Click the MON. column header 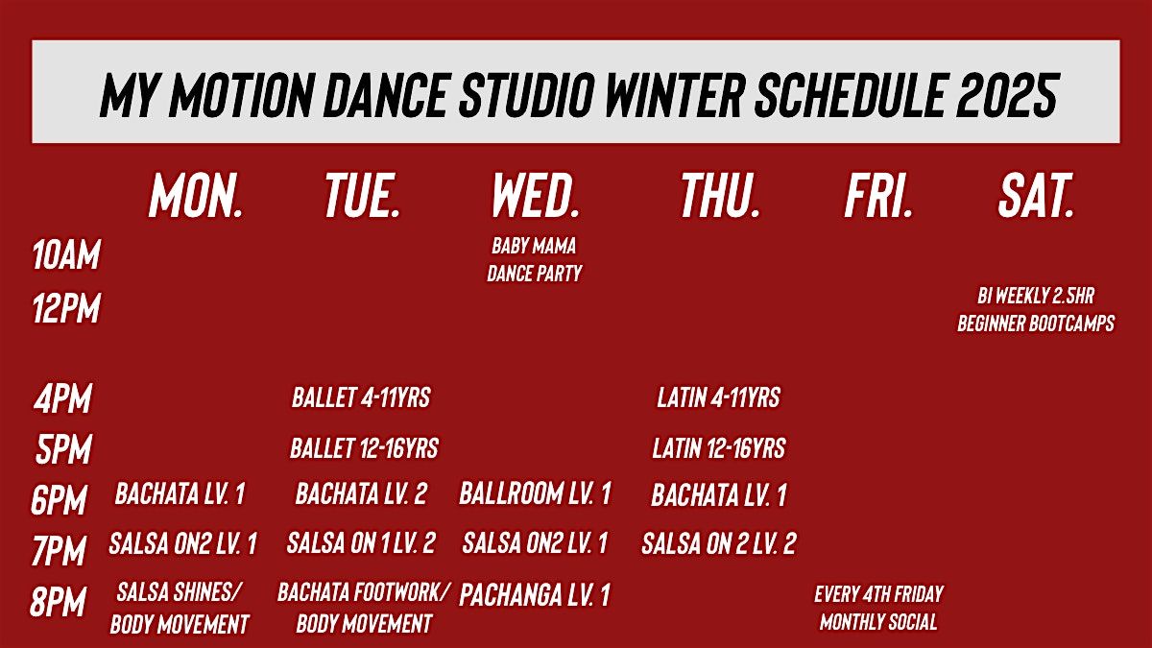(196, 196)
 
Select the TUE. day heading (363, 196)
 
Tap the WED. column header (536, 196)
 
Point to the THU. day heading (720, 196)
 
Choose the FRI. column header (878, 196)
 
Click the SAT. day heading (1036, 196)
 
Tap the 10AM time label (66, 254)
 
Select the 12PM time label (66, 308)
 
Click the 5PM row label (63, 448)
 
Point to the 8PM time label (58, 601)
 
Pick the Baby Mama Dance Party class (535, 260)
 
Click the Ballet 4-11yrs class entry (361, 397)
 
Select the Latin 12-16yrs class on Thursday (719, 448)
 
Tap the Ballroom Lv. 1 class (535, 493)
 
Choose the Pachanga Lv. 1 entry (535, 595)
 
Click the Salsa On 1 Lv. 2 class (361, 543)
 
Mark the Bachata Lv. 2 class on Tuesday (361, 493)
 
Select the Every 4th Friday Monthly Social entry (878, 608)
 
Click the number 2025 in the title (1007, 94)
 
